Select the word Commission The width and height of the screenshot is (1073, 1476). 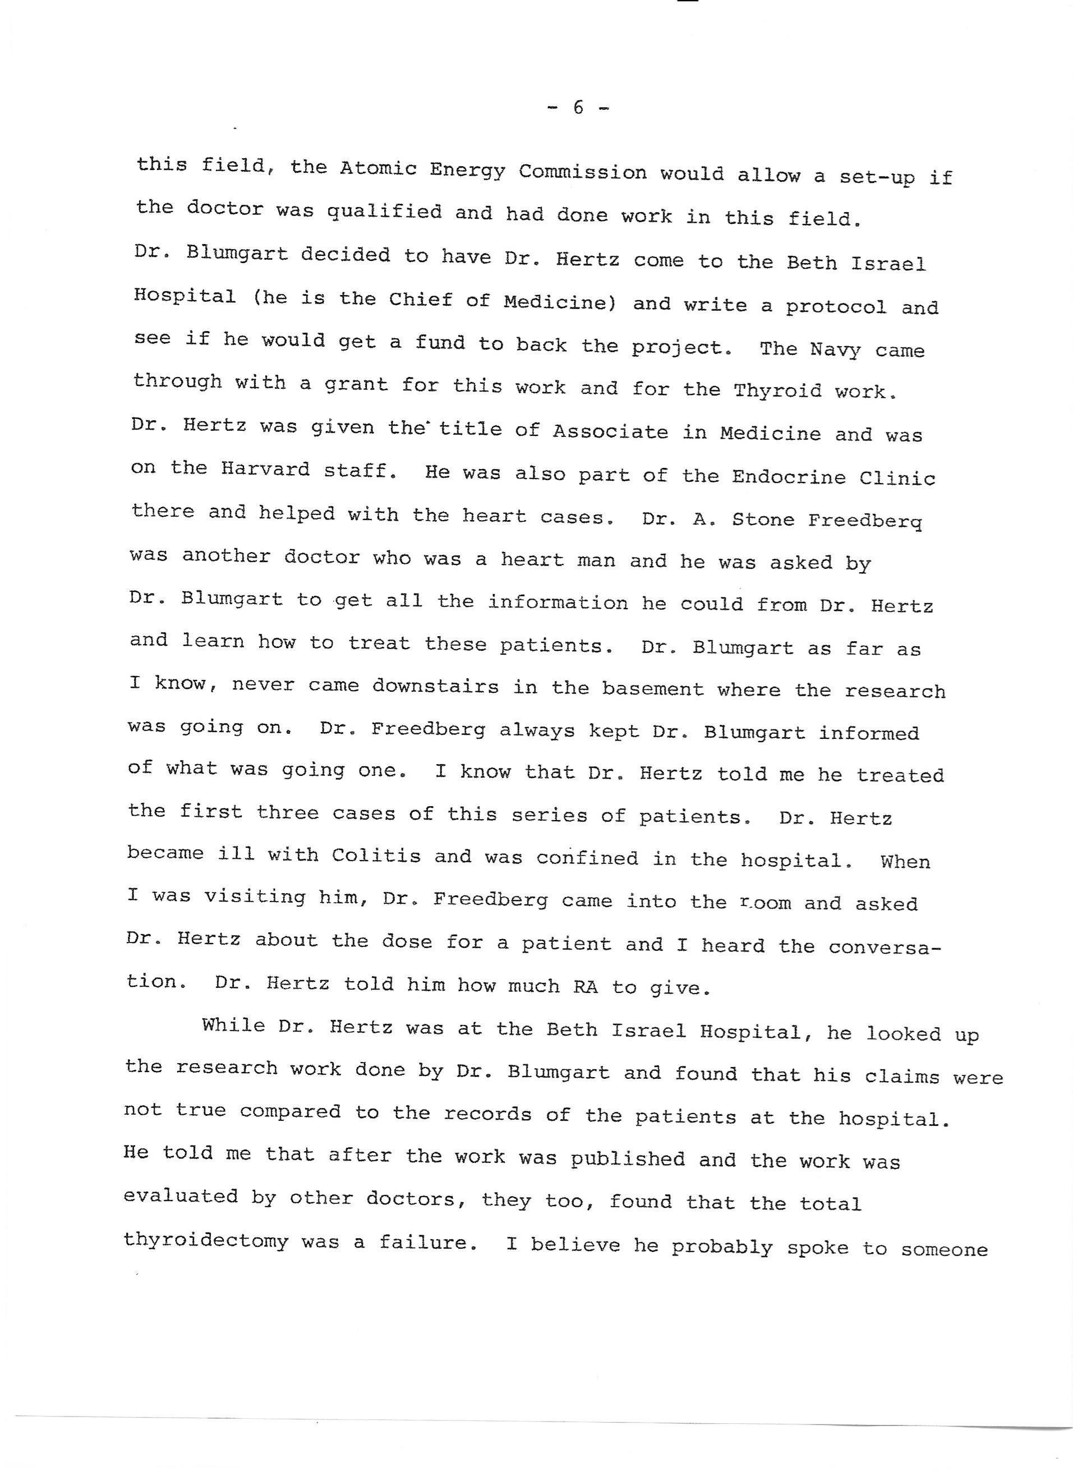click(x=582, y=172)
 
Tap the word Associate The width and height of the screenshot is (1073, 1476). click(x=610, y=431)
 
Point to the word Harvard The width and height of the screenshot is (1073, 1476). click(x=266, y=468)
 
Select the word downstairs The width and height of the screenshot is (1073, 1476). click(x=435, y=687)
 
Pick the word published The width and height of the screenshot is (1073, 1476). click(x=627, y=1159)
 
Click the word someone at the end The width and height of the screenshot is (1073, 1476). click(x=944, y=1249)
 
